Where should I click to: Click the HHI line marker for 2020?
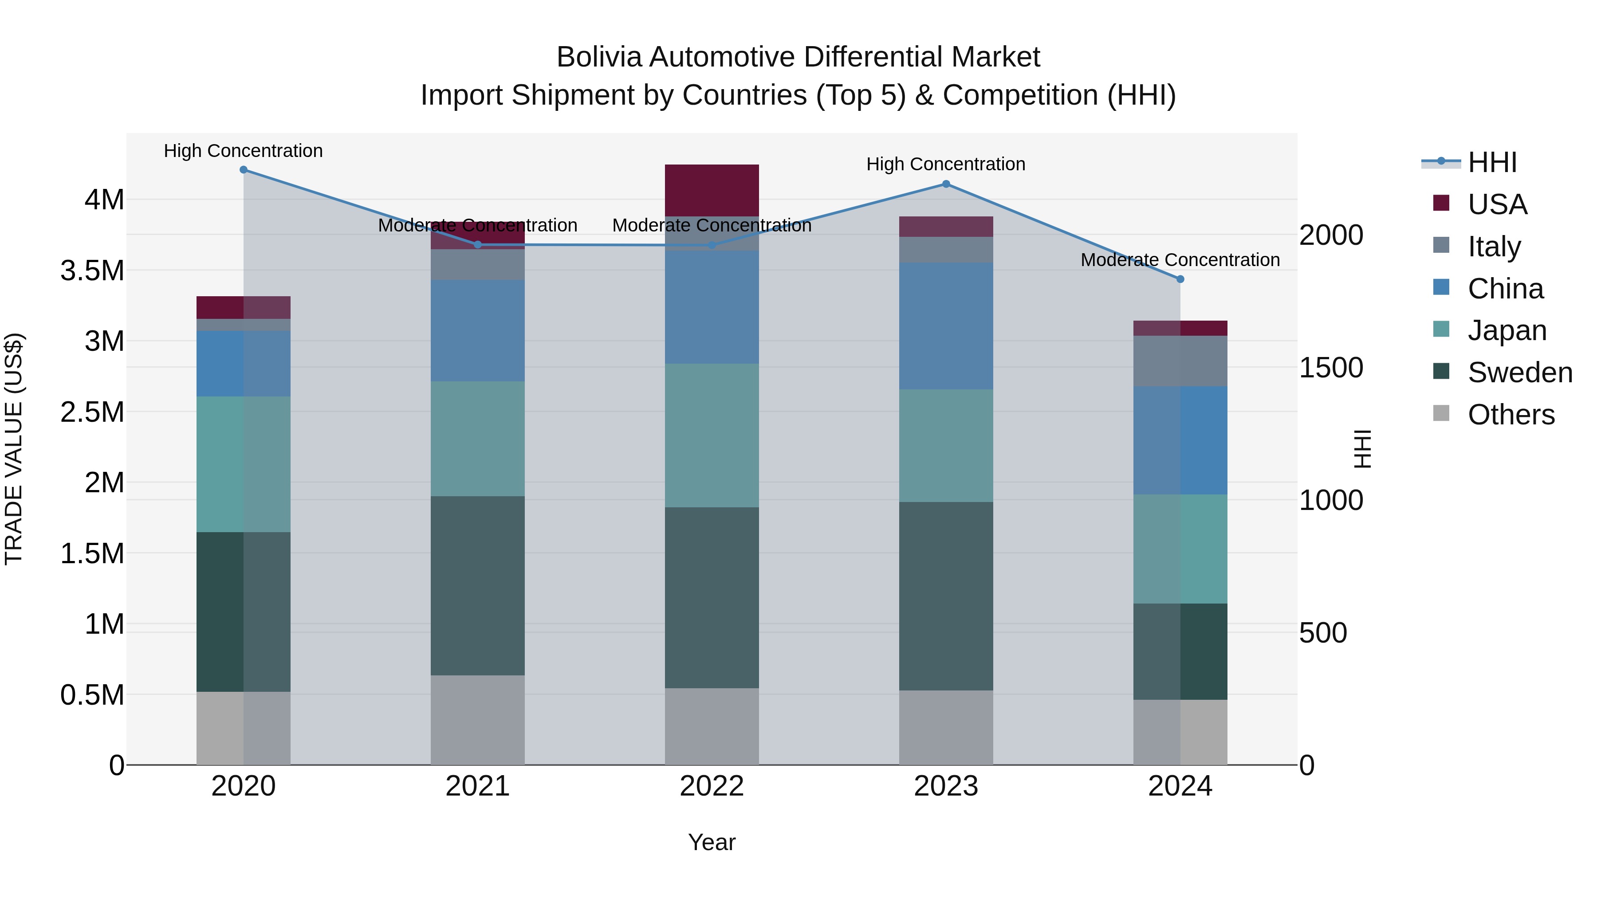coord(244,170)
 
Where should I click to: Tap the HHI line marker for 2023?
coord(946,184)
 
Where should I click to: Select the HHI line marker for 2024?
coord(1180,279)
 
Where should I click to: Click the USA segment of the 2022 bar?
coord(712,190)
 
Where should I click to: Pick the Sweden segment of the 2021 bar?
coord(477,586)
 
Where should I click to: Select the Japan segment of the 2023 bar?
coord(946,446)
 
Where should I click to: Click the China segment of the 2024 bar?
coord(1180,441)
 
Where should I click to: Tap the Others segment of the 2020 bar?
coord(244,728)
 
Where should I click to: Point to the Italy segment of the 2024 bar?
coord(1180,361)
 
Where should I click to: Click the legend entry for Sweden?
coord(1519,373)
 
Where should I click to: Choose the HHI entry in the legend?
coord(1491,162)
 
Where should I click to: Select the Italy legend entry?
coord(1494,246)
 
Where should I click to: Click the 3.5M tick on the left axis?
coord(92,271)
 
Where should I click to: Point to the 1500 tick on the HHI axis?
coord(1331,368)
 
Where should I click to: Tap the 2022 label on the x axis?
coord(712,786)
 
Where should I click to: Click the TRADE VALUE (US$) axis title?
coord(14,449)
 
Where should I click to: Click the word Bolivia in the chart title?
coord(599,57)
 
